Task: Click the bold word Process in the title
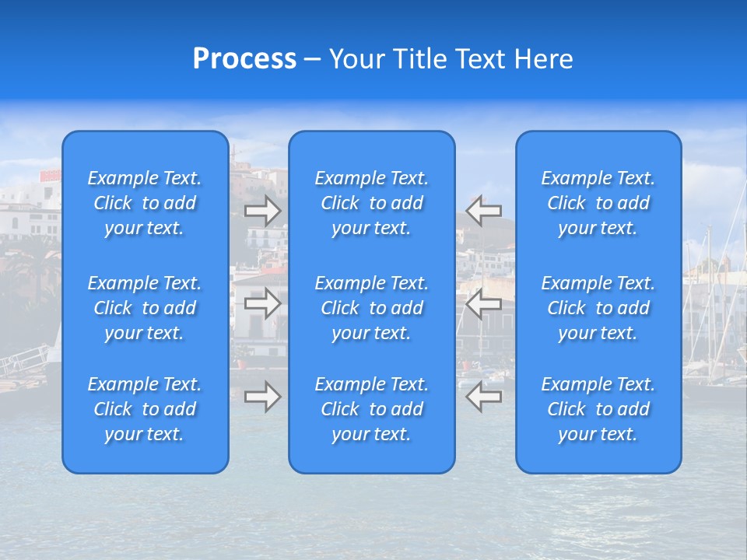pos(244,59)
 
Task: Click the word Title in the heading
pos(418,59)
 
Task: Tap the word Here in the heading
pos(544,59)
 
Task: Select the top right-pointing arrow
pos(262,210)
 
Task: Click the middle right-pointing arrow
pos(262,303)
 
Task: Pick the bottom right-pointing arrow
pos(262,397)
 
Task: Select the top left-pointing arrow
pos(484,210)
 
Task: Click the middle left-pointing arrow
pos(484,303)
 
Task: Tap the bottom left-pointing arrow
pos(484,397)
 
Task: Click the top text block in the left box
pos(145,203)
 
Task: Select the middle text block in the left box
pos(145,308)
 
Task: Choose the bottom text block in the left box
pos(145,409)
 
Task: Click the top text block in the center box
pos(372,203)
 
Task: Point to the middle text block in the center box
pos(372,308)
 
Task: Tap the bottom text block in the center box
pos(372,409)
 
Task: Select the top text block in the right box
pos(598,203)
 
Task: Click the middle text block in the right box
pos(598,308)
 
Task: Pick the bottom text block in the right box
pos(598,409)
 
